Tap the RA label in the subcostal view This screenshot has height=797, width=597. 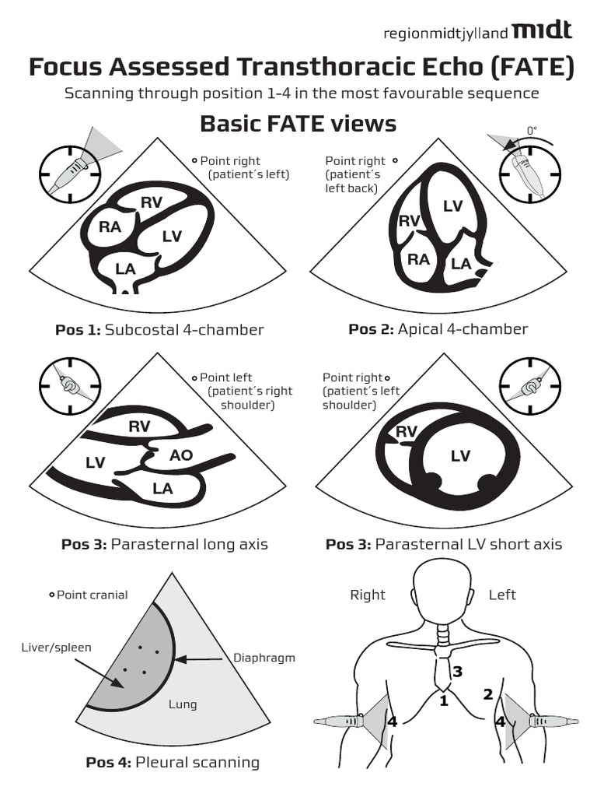click(110, 227)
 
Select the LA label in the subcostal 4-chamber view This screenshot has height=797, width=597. click(125, 269)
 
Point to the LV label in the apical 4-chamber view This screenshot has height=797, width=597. click(452, 205)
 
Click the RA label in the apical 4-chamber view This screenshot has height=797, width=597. click(419, 259)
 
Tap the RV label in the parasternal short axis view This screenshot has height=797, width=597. click(407, 431)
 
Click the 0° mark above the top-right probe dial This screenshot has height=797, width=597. click(532, 131)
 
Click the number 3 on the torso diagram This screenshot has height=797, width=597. click(458, 671)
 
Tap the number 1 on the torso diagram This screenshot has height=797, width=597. click(444, 700)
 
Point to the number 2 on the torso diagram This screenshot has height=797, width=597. click(488, 693)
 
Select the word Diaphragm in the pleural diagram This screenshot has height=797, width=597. click(264, 658)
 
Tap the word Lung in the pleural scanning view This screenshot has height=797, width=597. click(183, 704)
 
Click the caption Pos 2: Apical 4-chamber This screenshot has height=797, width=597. click(438, 329)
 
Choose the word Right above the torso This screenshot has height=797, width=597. click(368, 595)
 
